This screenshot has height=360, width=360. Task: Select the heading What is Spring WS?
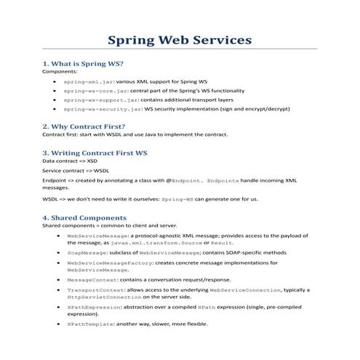click(x=82, y=64)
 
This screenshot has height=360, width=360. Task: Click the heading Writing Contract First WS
click(x=95, y=153)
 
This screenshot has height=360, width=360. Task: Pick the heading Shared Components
click(x=84, y=217)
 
